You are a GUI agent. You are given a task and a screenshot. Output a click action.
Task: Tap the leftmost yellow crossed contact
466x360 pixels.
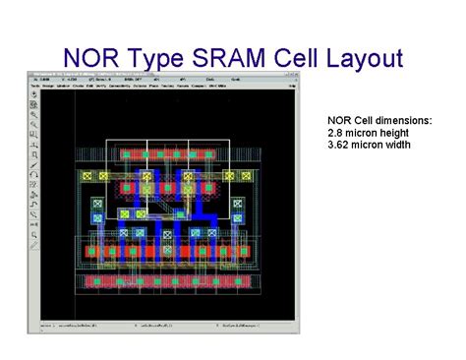click(x=87, y=176)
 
